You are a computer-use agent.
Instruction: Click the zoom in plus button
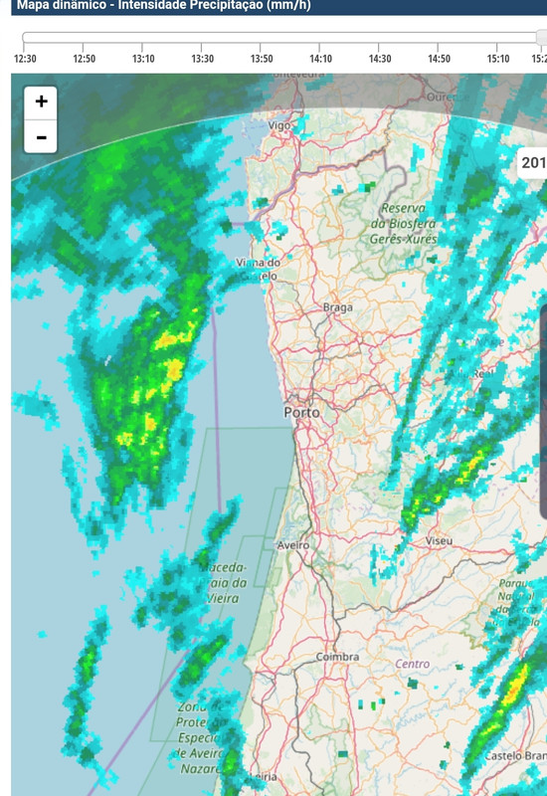(x=41, y=101)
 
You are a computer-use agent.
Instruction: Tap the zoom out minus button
(x=41, y=136)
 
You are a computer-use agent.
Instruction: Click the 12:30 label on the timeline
(x=25, y=59)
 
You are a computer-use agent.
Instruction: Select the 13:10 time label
(x=143, y=59)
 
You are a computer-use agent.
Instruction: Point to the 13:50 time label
(x=262, y=59)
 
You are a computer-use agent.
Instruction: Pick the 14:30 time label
(x=380, y=59)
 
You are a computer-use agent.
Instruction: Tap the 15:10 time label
(x=498, y=59)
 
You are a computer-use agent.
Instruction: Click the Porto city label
(x=301, y=412)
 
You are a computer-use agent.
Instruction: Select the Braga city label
(x=338, y=307)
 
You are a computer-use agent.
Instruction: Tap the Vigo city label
(x=279, y=125)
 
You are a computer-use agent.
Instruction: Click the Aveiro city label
(x=293, y=545)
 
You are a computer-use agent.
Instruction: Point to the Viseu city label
(x=439, y=540)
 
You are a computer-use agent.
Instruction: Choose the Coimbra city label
(x=336, y=657)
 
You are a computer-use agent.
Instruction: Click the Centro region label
(x=413, y=664)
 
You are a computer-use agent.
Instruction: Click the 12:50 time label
(x=85, y=59)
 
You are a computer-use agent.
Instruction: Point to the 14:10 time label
(x=320, y=59)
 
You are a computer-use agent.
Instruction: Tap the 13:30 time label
(x=202, y=59)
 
